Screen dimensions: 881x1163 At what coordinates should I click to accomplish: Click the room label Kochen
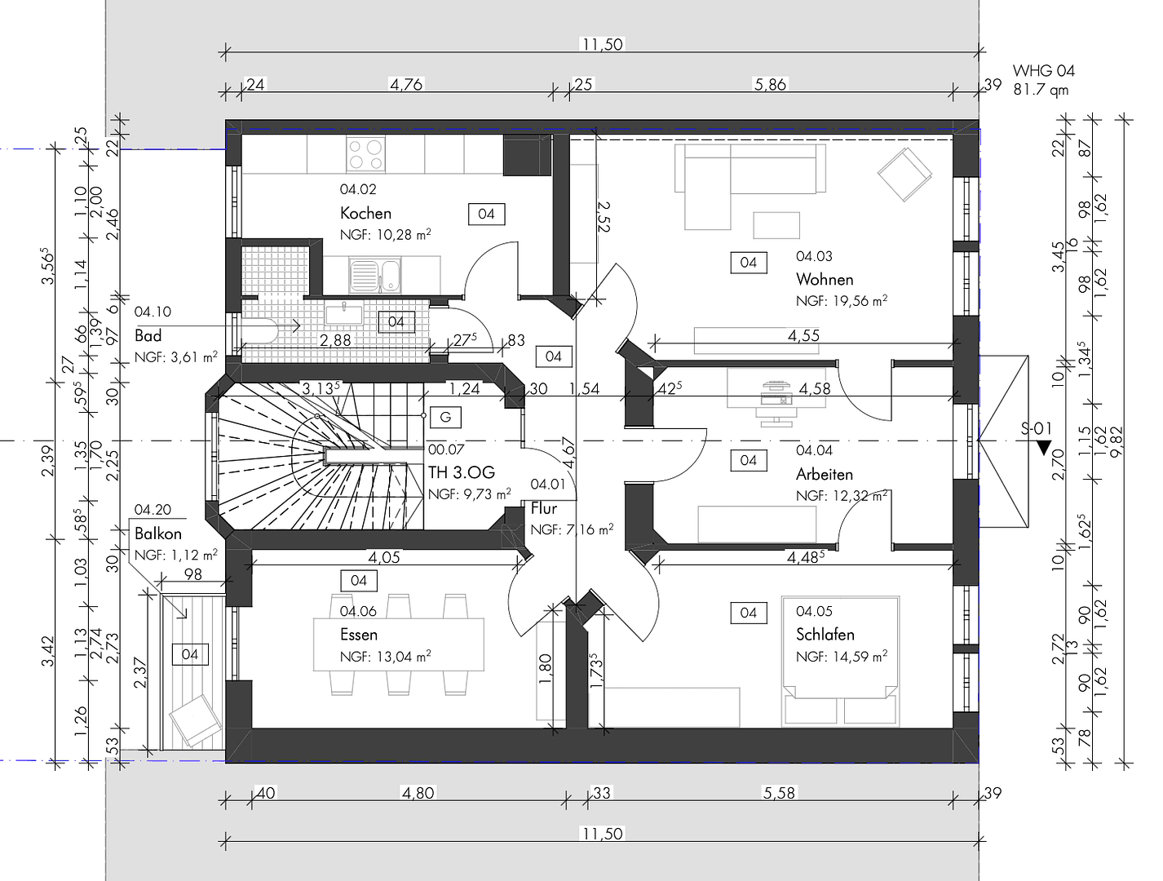point(365,213)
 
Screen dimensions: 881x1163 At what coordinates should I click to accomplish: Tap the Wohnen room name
point(825,279)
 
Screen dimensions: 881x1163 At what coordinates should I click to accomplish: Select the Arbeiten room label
point(824,474)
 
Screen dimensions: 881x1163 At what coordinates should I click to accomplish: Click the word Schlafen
point(825,634)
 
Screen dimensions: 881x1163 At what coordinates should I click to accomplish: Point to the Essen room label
point(359,634)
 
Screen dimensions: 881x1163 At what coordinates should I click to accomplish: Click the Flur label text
point(543,508)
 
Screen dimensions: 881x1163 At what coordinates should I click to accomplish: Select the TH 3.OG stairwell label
point(461,472)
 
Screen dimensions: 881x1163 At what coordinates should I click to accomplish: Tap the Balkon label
point(158,533)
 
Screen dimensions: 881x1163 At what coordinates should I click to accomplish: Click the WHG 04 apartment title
point(1043,71)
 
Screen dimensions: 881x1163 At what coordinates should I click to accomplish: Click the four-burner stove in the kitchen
point(365,154)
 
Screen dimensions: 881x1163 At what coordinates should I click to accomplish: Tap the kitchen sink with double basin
point(375,275)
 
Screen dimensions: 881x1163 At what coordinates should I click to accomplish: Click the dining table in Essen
point(398,644)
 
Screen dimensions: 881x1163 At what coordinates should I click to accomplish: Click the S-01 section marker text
point(1036,428)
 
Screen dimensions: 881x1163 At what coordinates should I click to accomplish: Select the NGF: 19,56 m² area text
point(841,301)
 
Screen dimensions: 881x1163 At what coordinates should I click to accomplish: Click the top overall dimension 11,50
point(602,44)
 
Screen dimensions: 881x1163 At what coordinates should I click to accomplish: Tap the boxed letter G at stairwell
point(445,417)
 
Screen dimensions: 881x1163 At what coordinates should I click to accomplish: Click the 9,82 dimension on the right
point(1117,443)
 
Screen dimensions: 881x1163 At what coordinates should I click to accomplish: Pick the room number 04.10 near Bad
point(153,312)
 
